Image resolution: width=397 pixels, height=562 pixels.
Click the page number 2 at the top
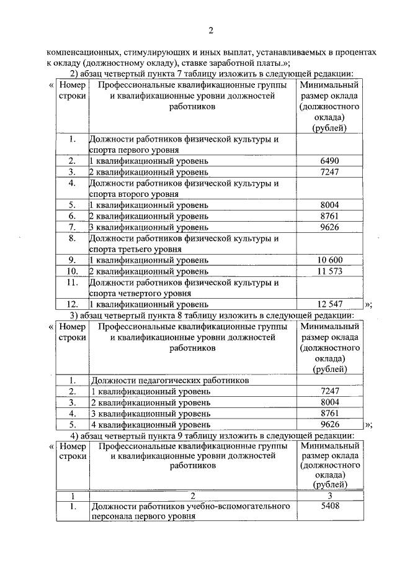210,30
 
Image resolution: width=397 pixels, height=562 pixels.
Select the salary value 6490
329,161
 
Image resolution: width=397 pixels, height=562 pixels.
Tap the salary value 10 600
329,260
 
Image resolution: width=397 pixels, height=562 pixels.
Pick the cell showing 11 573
329,271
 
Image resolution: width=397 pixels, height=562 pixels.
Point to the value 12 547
329,304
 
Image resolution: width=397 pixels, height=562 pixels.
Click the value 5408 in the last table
329,507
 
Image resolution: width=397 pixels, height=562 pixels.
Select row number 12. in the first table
73,304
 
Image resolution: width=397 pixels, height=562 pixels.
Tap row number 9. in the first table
73,260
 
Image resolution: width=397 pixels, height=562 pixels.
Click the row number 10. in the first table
73,271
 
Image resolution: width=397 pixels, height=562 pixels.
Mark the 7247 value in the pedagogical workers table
329,391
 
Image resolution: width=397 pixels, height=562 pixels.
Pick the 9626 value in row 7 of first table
329,227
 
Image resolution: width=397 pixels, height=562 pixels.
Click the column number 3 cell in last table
329,496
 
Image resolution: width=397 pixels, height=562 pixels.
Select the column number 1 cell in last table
73,496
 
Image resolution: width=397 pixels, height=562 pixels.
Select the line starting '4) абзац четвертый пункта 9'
212,436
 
